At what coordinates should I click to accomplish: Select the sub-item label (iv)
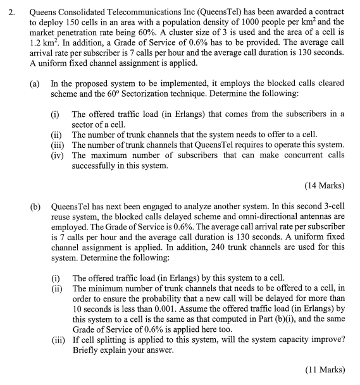click(x=58, y=154)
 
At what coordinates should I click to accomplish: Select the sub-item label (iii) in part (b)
click(x=58, y=338)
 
